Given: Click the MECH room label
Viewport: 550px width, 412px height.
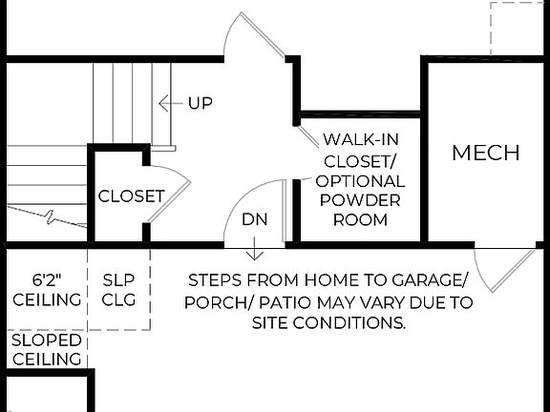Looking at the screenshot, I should click(486, 153).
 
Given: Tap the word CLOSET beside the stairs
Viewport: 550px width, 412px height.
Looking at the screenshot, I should click(132, 196).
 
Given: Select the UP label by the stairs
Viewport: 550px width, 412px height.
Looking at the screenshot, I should click(200, 103).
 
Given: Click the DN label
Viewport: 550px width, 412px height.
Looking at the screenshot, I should click(254, 219).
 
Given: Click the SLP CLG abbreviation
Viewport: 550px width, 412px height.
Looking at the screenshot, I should click(119, 290).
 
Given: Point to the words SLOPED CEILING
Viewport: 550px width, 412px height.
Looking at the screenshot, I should click(46, 349).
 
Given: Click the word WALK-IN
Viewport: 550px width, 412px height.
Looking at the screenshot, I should click(360, 139).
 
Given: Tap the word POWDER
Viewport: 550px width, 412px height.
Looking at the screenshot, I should click(360, 200).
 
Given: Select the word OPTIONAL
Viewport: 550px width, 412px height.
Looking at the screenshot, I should click(360, 180).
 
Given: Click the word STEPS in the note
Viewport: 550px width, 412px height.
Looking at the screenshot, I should click(215, 281).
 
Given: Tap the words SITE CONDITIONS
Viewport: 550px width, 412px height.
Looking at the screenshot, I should click(329, 323).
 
